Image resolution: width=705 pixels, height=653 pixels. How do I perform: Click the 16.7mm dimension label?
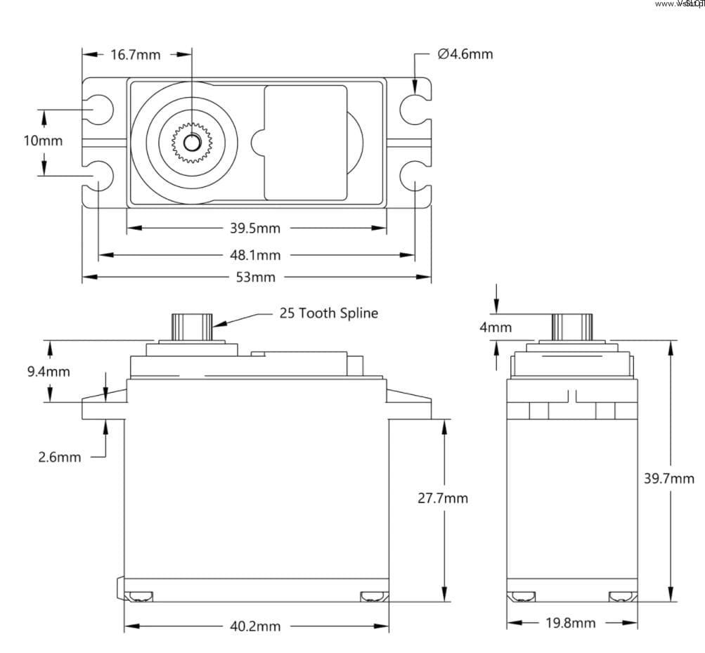coord(136,54)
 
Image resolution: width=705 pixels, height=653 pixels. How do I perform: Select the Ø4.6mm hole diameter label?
coord(465,53)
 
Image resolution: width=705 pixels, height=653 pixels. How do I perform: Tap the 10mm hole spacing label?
coord(43,141)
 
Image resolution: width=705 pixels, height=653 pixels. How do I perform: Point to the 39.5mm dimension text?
coord(255,228)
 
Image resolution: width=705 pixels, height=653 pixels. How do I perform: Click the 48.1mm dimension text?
coord(255,254)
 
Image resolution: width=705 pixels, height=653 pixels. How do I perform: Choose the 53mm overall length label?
coord(255,277)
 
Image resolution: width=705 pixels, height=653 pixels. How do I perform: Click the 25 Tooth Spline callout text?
coord(328,313)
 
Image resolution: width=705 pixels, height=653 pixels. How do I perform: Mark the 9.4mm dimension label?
coord(48,371)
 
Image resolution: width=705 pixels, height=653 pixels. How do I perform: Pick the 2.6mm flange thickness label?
coord(59,457)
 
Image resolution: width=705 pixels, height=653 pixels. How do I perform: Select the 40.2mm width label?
coord(255,626)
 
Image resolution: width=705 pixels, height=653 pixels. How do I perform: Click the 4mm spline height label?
coord(496,327)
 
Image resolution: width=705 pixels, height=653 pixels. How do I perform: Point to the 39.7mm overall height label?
coord(669,479)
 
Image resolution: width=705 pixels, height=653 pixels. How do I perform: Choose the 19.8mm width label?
coord(571,623)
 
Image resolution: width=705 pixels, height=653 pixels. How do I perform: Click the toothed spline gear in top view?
coord(191,142)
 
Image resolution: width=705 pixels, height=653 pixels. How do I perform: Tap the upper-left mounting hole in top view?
coord(100,109)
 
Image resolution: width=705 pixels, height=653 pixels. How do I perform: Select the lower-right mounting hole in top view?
coord(413,174)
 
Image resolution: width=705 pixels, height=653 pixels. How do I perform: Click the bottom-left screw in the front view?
coord(139,597)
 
